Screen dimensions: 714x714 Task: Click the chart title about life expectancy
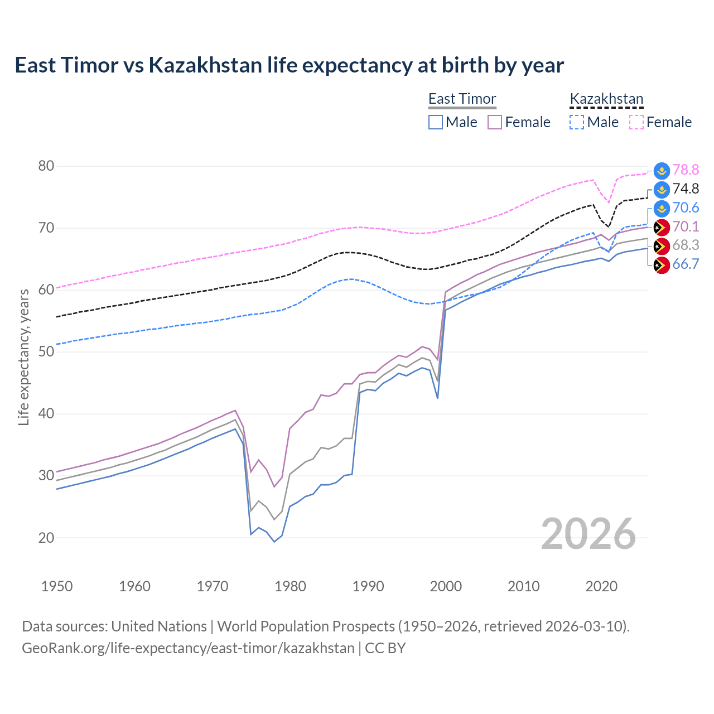click(x=289, y=65)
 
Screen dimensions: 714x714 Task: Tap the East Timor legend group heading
click(x=462, y=99)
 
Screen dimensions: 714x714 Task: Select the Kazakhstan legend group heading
click(x=606, y=99)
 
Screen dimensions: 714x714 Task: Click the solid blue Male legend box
click(x=436, y=122)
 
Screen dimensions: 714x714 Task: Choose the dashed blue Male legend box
click(x=577, y=122)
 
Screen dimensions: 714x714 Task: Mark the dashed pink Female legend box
click(x=636, y=122)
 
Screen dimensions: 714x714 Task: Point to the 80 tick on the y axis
click(x=46, y=166)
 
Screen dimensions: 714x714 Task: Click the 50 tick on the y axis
click(x=46, y=351)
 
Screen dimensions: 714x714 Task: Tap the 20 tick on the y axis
click(x=46, y=538)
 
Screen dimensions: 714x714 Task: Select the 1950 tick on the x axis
click(x=57, y=586)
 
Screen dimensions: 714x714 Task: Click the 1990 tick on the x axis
click(x=368, y=586)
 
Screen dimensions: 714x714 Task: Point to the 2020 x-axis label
click(x=601, y=586)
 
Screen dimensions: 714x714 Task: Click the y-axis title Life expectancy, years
click(x=24, y=357)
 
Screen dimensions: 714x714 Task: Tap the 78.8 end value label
click(x=686, y=170)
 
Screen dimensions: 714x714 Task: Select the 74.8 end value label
click(x=686, y=189)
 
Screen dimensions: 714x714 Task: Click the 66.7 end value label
click(x=686, y=264)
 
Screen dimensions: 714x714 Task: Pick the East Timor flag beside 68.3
click(x=661, y=245)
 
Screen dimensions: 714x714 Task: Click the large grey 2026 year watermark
click(x=588, y=534)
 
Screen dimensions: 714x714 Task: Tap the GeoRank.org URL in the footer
click(x=188, y=648)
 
